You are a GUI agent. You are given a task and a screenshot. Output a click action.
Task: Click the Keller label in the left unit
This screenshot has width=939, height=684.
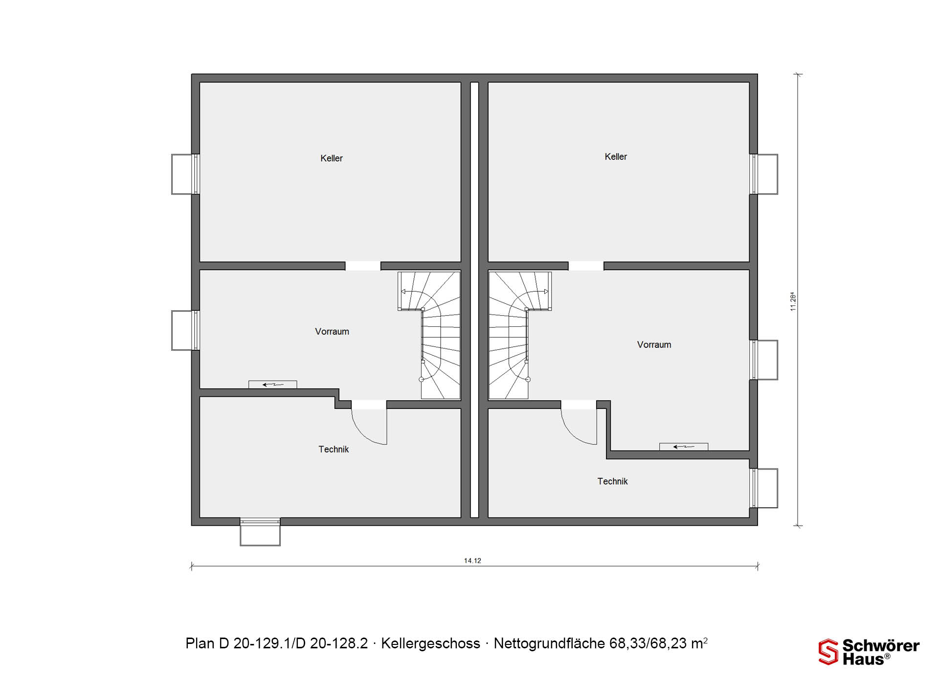coord(331,158)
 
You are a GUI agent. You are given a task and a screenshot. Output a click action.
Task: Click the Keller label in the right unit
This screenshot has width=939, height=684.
coord(615,157)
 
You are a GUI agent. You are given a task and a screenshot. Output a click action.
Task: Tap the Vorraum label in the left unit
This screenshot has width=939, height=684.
coord(332,332)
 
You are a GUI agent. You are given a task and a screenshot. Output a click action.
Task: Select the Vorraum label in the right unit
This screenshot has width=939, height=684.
coord(654,345)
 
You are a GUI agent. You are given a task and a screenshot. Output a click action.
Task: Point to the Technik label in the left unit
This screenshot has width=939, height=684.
coord(334,449)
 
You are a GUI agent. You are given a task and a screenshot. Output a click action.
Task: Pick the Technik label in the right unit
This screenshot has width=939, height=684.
coord(612,482)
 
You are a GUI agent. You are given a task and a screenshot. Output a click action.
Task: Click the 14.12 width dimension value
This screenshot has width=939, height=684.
coord(472,561)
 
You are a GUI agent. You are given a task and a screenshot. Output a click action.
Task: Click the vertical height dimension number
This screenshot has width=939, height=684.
coord(793,301)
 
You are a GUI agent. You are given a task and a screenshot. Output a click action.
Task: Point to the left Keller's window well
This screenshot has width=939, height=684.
coord(185,174)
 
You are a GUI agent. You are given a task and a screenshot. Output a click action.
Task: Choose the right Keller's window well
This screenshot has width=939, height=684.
coord(764,174)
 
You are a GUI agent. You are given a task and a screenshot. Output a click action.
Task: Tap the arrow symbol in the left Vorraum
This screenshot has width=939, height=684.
coord(273,385)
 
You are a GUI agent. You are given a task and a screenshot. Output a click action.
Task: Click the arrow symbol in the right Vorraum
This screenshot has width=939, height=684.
coord(684,447)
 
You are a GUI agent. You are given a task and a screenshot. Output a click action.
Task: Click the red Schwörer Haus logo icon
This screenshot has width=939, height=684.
coord(828,652)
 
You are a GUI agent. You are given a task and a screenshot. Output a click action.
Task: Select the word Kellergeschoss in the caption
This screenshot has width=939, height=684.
coord(430,643)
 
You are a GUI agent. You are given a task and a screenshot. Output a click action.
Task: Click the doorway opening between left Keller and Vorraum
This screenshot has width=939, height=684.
coord(363,266)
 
